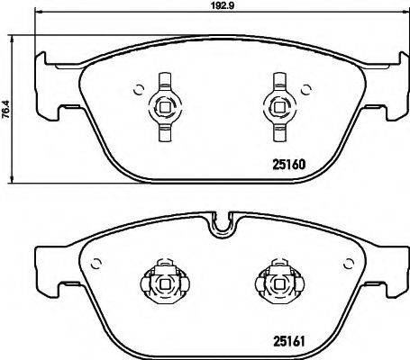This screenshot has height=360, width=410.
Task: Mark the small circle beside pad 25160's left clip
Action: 138,87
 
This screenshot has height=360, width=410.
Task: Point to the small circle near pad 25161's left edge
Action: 93,263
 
